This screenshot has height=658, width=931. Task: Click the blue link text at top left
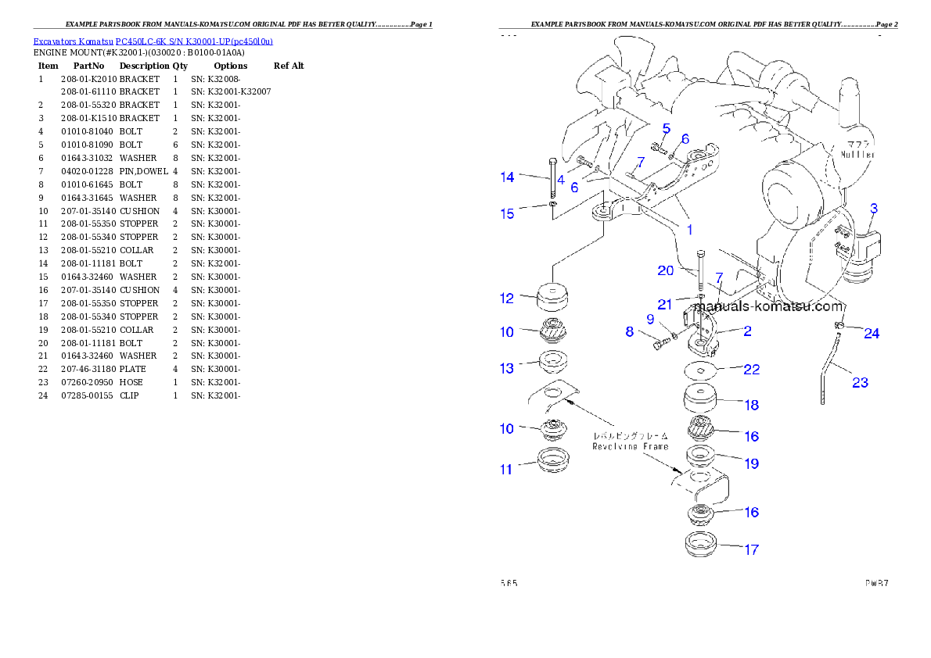pyautogui.click(x=153, y=41)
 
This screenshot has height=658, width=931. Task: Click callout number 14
pyautogui.click(x=508, y=177)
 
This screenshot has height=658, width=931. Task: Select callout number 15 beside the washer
pyautogui.click(x=508, y=213)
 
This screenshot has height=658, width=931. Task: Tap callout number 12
pyautogui.click(x=507, y=298)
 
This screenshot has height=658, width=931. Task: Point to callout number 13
pyautogui.click(x=507, y=368)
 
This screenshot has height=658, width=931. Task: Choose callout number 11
pyautogui.click(x=507, y=469)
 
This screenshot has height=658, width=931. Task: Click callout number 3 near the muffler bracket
pyautogui.click(x=874, y=209)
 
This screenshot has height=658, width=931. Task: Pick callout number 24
pyautogui.click(x=872, y=334)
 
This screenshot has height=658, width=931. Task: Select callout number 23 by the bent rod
pyautogui.click(x=860, y=383)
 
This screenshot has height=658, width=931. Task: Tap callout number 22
pyautogui.click(x=751, y=370)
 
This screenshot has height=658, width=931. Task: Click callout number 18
pyautogui.click(x=751, y=405)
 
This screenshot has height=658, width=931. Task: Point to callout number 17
pyautogui.click(x=751, y=549)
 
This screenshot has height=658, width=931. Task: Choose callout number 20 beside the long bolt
pyautogui.click(x=665, y=270)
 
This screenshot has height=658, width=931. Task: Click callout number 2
pyautogui.click(x=747, y=331)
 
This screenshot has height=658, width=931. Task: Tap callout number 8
pyautogui.click(x=630, y=332)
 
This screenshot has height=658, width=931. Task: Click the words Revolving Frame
pyautogui.click(x=630, y=446)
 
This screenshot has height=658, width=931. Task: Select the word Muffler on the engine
pyautogui.click(x=858, y=155)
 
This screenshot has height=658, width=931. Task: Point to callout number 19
pyautogui.click(x=751, y=463)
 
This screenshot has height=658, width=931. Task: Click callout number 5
pyautogui.click(x=667, y=128)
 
